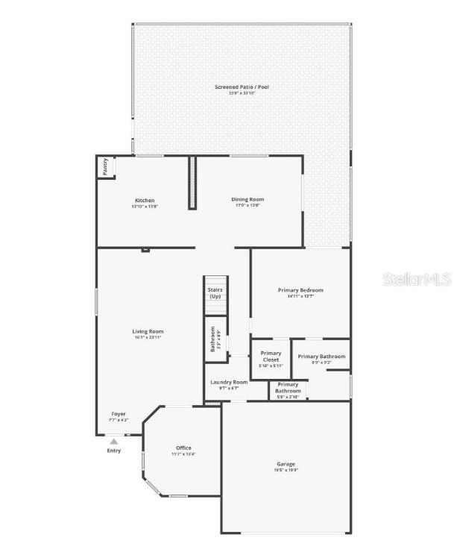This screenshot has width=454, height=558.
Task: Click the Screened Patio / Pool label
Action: (242, 87)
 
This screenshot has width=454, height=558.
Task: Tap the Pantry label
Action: (106, 166)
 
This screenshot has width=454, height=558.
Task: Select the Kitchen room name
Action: (145, 200)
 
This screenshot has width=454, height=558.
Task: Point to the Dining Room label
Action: (248, 199)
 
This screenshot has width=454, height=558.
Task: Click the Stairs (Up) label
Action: (215, 292)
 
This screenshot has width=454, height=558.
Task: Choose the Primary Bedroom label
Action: (300, 289)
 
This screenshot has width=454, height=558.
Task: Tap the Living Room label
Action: (148, 331)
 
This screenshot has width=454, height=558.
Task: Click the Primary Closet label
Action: (271, 356)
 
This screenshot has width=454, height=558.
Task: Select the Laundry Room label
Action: (229, 382)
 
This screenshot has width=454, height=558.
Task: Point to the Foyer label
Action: (119, 414)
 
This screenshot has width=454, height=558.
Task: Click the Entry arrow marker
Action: (114, 442)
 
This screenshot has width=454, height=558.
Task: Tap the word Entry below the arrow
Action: (113, 451)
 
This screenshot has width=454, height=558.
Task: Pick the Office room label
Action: (183, 448)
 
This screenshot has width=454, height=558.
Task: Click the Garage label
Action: (286, 464)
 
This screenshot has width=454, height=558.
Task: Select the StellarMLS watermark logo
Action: (416, 280)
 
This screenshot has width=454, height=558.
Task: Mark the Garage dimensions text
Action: (286, 470)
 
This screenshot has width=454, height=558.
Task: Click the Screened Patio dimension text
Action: (242, 93)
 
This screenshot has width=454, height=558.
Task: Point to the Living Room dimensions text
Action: (148, 337)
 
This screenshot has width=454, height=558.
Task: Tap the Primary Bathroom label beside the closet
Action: (321, 357)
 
